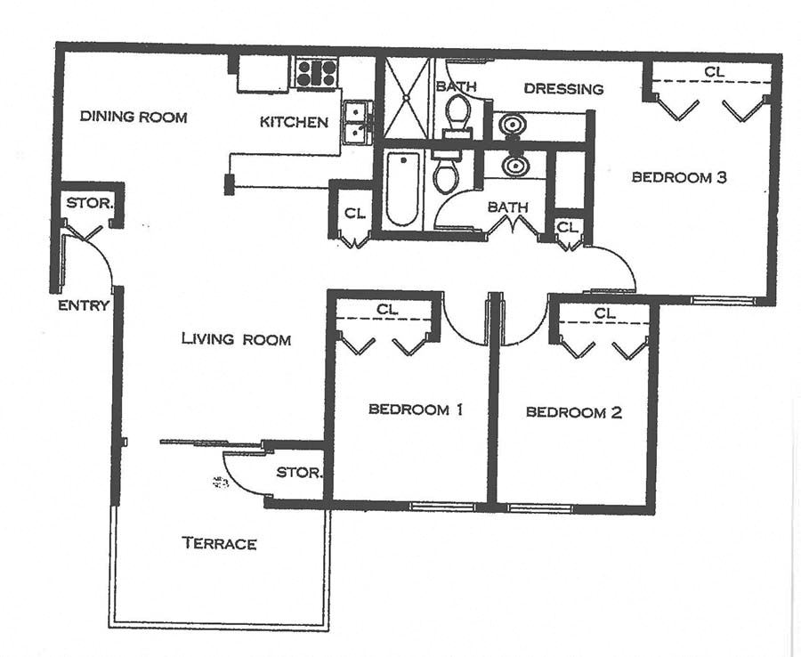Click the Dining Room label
tap(133, 117)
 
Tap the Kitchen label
tap(294, 122)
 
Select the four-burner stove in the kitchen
tap(316, 73)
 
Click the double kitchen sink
tap(357, 122)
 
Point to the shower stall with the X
tap(406, 98)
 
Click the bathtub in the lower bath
tap(402, 188)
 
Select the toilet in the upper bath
tap(458, 112)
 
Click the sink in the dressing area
tap(512, 126)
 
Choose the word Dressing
tap(563, 89)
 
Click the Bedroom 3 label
tap(679, 177)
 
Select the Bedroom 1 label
tap(416, 410)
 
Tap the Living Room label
tap(236, 339)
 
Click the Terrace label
tap(219, 543)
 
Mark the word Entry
tap(84, 305)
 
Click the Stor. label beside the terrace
tap(298, 472)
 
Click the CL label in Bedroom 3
tap(713, 71)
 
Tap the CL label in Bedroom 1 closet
tap(386, 309)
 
